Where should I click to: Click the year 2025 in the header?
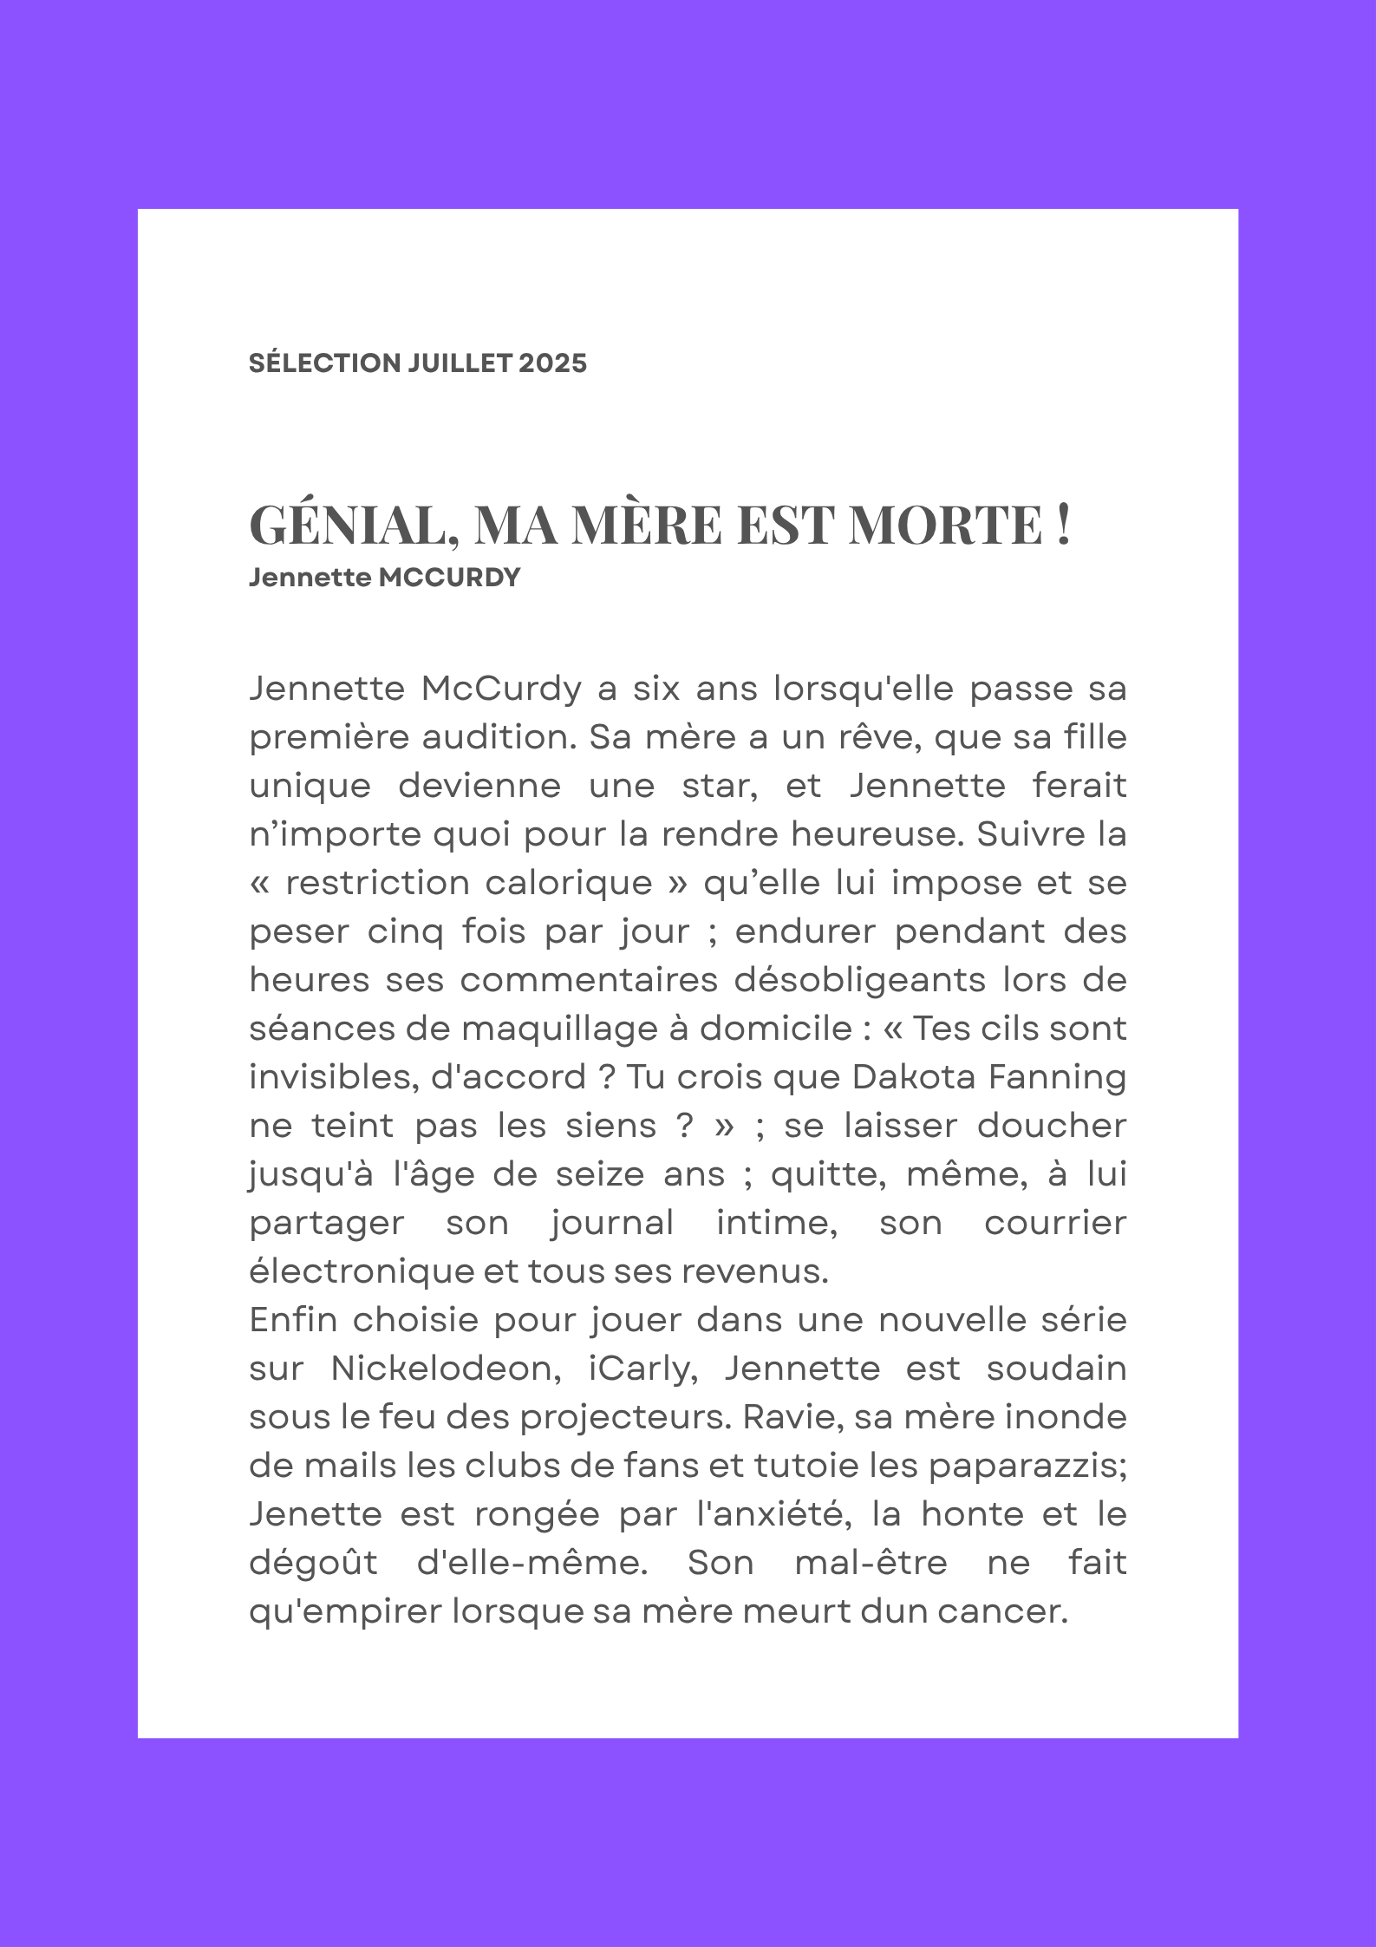552,363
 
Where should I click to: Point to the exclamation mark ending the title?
1064,524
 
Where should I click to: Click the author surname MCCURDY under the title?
450,578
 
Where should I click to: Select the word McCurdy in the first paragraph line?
501,689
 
